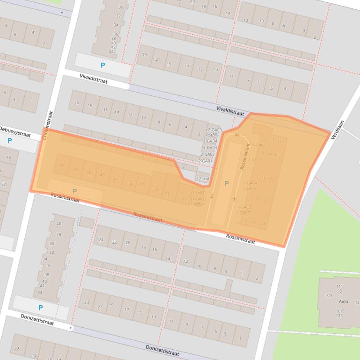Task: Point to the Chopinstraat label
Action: click(x=46, y=125)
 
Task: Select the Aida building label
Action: click(x=344, y=302)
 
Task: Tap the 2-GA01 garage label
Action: click(x=205, y=161)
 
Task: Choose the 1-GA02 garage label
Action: click(x=255, y=160)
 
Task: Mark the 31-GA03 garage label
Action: click(x=196, y=203)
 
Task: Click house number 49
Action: click(x=63, y=165)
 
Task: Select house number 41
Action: click(x=115, y=180)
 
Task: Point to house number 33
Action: click(x=167, y=194)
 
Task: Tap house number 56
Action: click(x=8, y=158)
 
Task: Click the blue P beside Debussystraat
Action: click(x=9, y=141)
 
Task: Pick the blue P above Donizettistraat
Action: click(x=41, y=308)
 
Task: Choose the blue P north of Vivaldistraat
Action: click(x=103, y=65)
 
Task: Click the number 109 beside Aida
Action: click(x=328, y=295)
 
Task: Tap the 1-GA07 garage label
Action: click(x=244, y=213)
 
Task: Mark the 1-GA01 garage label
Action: click(x=259, y=145)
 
